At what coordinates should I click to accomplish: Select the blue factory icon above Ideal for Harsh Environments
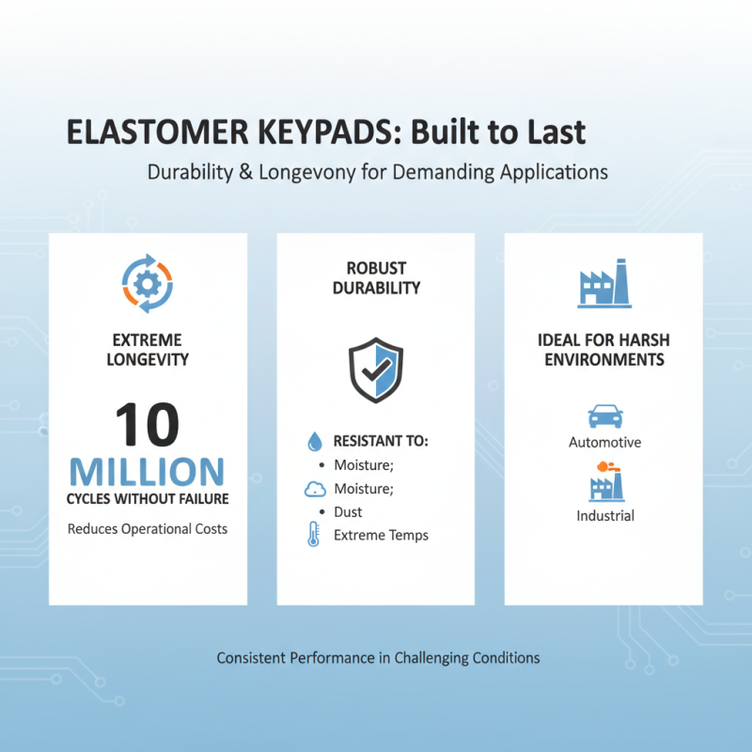tap(603, 285)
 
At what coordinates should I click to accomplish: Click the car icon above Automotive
tap(604, 415)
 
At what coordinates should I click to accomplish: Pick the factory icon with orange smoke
tap(604, 481)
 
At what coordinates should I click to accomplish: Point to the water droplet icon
tap(314, 441)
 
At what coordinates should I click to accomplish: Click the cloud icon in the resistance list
tap(314, 489)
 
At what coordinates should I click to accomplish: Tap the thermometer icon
tap(313, 535)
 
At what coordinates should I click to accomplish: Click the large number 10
tap(148, 426)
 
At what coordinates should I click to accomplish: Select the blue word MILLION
tap(148, 471)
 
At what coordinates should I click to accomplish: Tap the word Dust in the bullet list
tap(348, 512)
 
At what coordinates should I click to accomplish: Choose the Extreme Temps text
tap(381, 535)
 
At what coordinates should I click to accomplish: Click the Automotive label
tap(604, 442)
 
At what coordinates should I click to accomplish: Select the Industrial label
tap(604, 515)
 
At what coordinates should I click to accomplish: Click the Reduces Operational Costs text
tap(148, 529)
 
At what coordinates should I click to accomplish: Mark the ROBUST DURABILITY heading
tap(376, 279)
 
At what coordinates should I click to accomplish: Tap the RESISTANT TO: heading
tap(381, 441)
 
